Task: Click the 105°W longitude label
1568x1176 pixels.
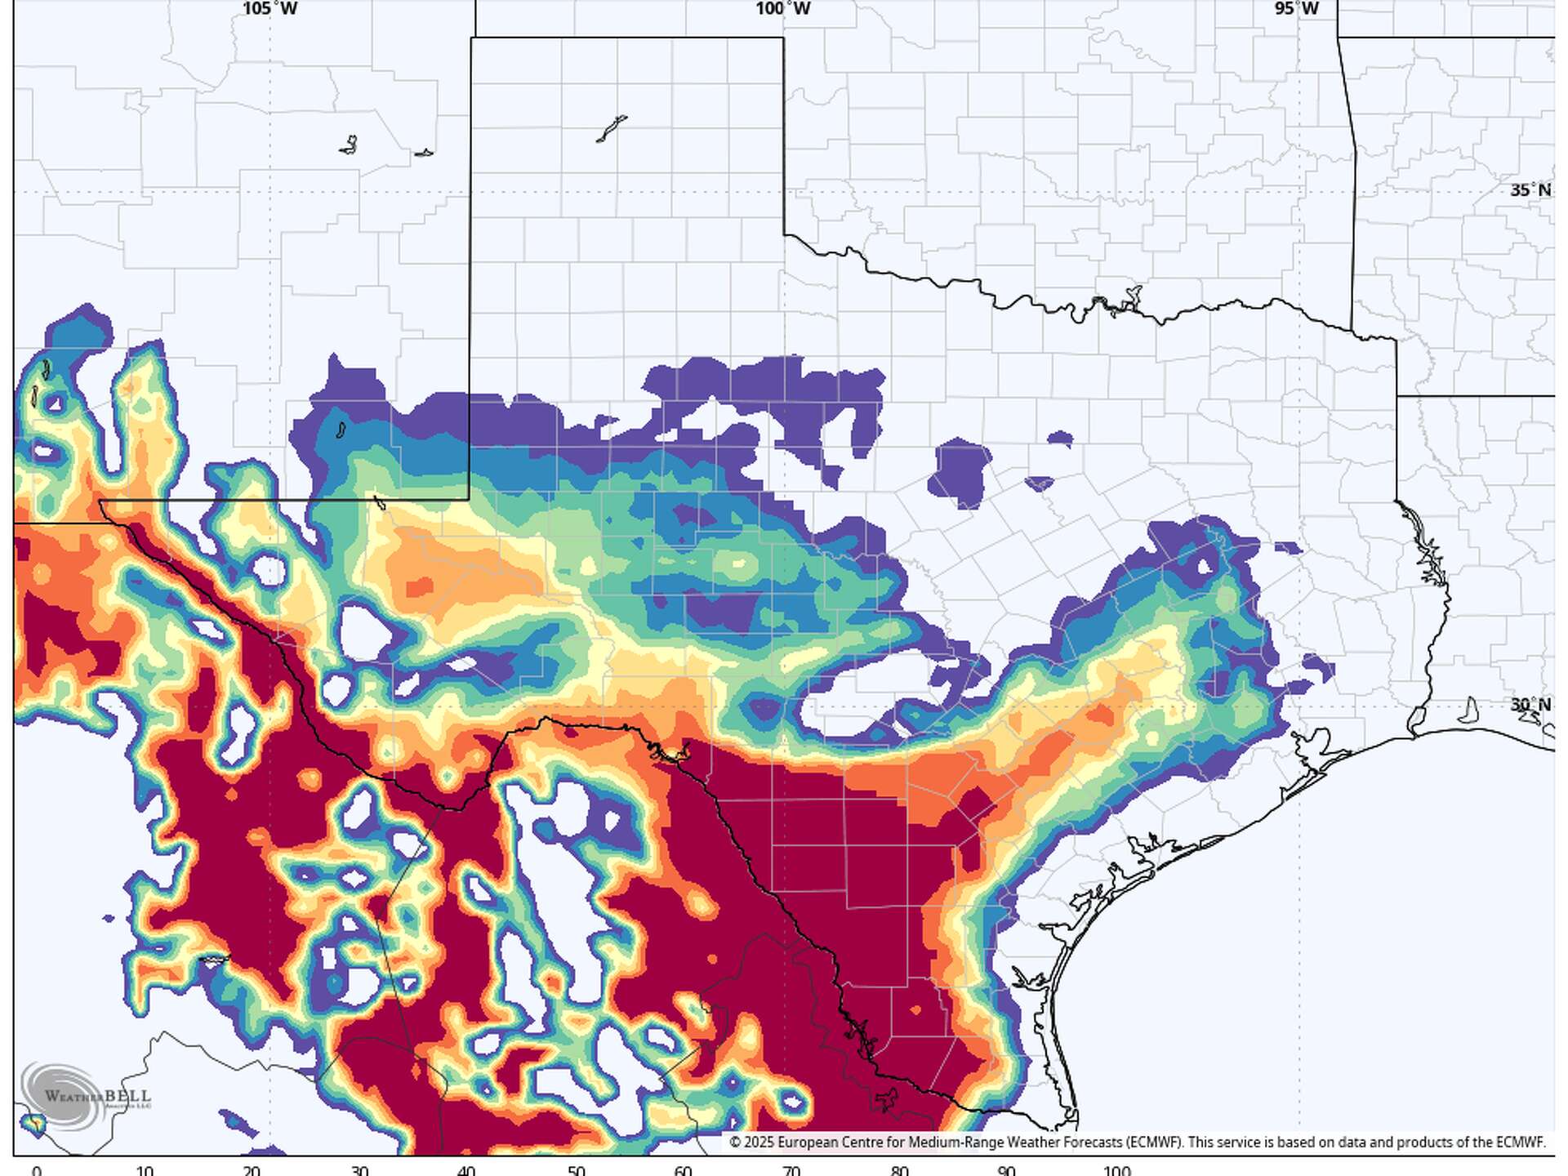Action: [x=270, y=9]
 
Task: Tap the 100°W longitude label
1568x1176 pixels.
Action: [x=782, y=9]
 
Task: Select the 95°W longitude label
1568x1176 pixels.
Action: [x=1297, y=9]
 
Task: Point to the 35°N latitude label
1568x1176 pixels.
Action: [x=1530, y=190]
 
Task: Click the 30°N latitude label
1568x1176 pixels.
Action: [x=1530, y=705]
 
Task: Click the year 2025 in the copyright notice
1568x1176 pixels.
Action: [x=759, y=1143]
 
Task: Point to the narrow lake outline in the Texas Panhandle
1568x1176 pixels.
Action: [x=611, y=129]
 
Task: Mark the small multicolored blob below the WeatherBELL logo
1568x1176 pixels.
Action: [x=35, y=1124]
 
